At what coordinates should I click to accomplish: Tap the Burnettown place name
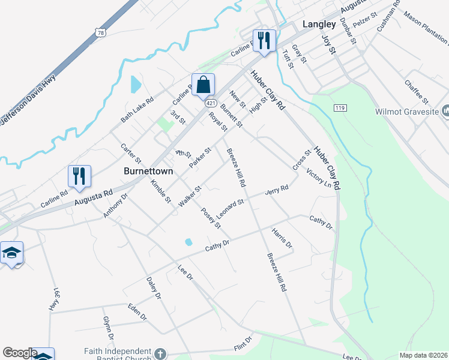point(148,171)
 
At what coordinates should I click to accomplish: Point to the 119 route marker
point(340,107)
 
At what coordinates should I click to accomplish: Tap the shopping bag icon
point(203,85)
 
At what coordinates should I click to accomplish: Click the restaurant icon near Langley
point(264,41)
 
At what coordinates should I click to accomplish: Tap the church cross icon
point(160,353)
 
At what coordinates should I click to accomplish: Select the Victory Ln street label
point(319,179)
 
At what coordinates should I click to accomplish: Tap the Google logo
point(19,353)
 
